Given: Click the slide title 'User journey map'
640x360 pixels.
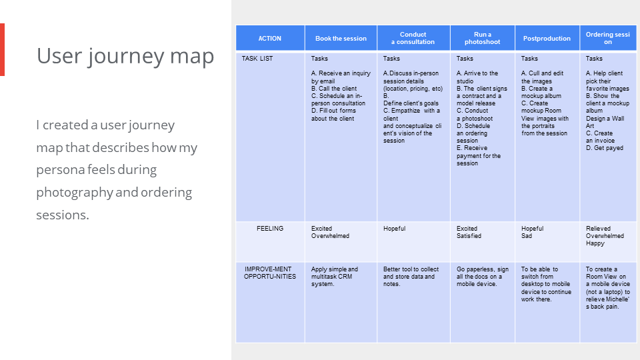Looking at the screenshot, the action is click(125, 56).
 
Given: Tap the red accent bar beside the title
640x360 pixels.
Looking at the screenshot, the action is click(2, 49).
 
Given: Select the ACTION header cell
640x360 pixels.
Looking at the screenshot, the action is click(270, 39).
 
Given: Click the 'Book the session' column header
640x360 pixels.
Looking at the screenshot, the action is click(341, 39).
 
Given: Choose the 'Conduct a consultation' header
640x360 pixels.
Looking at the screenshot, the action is click(413, 38).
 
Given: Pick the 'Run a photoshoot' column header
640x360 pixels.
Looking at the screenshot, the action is click(482, 38).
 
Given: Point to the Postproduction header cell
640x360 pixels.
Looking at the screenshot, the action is click(547, 39).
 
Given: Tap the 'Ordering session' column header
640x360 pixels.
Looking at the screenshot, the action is click(607, 38).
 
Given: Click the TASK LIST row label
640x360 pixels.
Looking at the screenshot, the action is click(257, 59).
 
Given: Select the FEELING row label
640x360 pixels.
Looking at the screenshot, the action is click(270, 229).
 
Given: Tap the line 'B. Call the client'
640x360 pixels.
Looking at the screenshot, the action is click(334, 89).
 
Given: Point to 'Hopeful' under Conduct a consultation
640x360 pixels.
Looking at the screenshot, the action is click(394, 229).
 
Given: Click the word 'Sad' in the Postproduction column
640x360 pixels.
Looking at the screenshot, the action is click(527, 236).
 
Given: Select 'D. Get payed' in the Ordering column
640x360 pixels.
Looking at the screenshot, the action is click(605, 148).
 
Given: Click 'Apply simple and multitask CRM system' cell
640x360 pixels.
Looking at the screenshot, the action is click(335, 277).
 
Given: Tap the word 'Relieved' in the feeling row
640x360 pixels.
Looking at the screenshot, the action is click(598, 229).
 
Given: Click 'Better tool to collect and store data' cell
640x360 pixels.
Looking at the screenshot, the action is click(411, 277).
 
